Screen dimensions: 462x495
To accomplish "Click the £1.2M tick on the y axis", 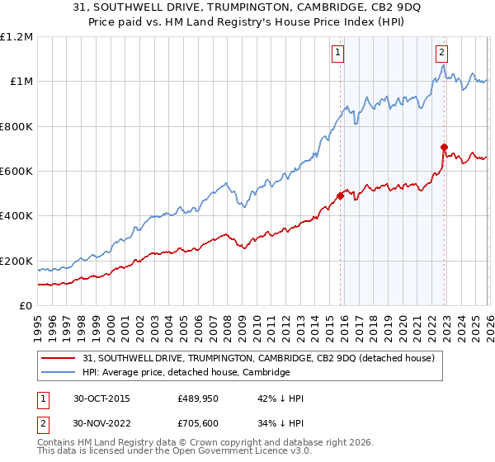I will point(16,37).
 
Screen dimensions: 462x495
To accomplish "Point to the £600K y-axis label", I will point(16,172).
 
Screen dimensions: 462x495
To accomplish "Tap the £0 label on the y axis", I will point(26,306).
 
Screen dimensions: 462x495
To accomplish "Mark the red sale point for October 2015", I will point(340,196).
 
